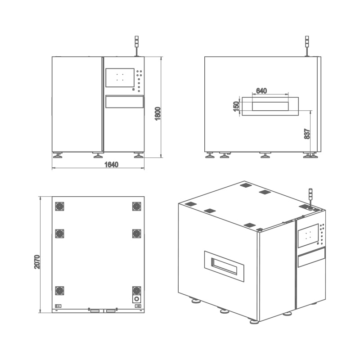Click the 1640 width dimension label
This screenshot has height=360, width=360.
(111, 164)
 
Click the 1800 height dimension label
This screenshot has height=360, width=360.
(158, 113)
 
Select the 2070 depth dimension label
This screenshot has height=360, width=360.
(37, 262)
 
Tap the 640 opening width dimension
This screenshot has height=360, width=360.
(261, 91)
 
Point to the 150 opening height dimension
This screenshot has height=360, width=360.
(236, 106)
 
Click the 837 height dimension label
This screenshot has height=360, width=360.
(307, 134)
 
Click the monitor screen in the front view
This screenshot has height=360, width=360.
(120, 77)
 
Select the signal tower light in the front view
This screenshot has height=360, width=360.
(137, 46)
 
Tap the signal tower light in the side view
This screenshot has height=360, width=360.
(307, 46)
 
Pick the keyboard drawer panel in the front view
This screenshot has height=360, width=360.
(125, 102)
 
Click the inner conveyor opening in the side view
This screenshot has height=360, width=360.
(270, 106)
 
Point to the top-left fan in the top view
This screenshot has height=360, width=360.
(60, 207)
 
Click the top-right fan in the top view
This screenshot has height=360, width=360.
(137, 207)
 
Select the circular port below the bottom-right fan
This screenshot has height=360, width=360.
(137, 299)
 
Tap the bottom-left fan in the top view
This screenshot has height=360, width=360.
(60, 291)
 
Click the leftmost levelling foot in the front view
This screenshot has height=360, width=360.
(58, 155)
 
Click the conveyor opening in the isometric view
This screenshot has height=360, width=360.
(224, 266)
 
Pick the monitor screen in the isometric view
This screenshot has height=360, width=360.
(308, 235)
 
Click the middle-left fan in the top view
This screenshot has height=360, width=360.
(60, 234)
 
